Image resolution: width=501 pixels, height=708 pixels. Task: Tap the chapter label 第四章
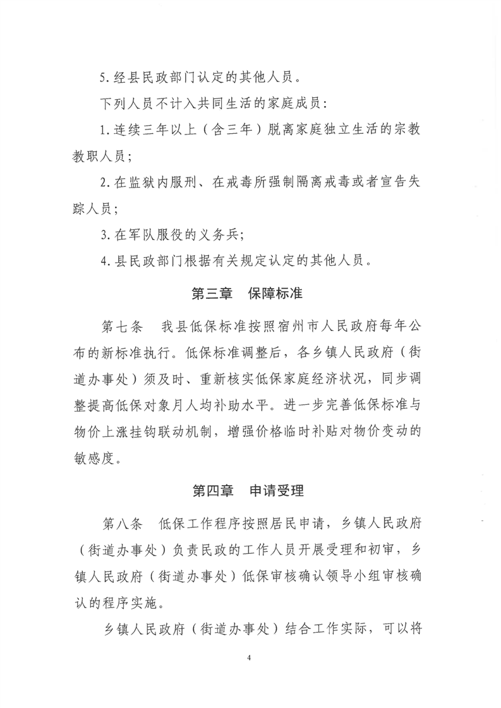212,490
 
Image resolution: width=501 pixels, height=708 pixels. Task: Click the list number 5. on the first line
106,80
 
